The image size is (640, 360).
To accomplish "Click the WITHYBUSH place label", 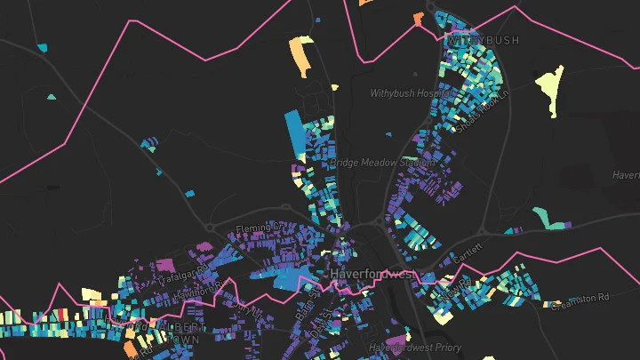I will pos(477,41).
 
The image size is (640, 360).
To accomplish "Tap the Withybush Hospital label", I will pos(408,92).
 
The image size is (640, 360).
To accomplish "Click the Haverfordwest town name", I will pos(372,275).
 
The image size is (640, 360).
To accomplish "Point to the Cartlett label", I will pos(465,252).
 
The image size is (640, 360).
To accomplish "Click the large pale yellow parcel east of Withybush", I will pos(550,89).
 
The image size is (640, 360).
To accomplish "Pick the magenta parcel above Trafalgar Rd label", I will pos(164,264).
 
